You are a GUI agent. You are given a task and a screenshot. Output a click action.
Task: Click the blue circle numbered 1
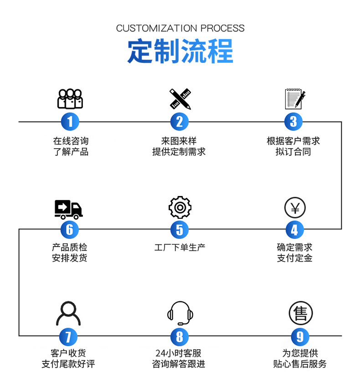(x=70, y=122)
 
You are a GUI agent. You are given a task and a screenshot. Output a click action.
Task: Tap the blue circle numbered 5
(x=180, y=229)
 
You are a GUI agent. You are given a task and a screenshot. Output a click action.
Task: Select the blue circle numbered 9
(x=300, y=337)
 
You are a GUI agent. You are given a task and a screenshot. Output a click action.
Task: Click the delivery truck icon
(x=69, y=209)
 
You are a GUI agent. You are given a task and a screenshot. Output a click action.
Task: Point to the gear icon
(x=180, y=207)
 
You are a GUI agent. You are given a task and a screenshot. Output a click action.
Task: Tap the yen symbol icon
(x=295, y=208)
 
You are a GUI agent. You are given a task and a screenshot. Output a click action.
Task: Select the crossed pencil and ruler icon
(x=180, y=98)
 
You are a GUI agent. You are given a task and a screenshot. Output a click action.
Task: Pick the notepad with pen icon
(x=294, y=98)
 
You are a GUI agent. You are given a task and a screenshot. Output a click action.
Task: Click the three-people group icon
(x=70, y=98)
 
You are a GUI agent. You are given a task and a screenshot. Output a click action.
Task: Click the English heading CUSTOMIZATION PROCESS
(x=180, y=28)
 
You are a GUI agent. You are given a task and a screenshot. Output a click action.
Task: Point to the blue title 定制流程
(x=180, y=51)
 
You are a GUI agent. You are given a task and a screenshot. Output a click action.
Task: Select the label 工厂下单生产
(x=180, y=248)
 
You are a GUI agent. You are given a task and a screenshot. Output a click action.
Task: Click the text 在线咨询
(x=71, y=141)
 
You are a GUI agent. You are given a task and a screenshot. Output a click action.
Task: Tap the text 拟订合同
(x=293, y=152)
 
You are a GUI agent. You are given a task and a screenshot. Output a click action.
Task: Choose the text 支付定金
(x=294, y=258)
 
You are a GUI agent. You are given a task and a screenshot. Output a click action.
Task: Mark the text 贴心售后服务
(x=300, y=364)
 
